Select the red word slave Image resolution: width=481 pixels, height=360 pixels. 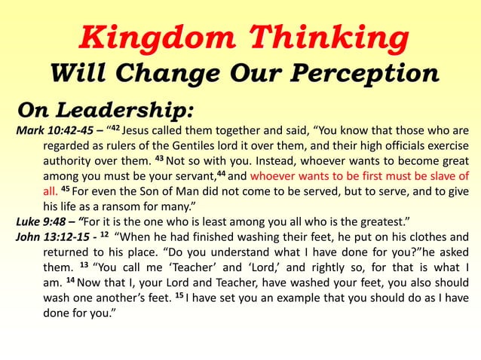439,175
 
